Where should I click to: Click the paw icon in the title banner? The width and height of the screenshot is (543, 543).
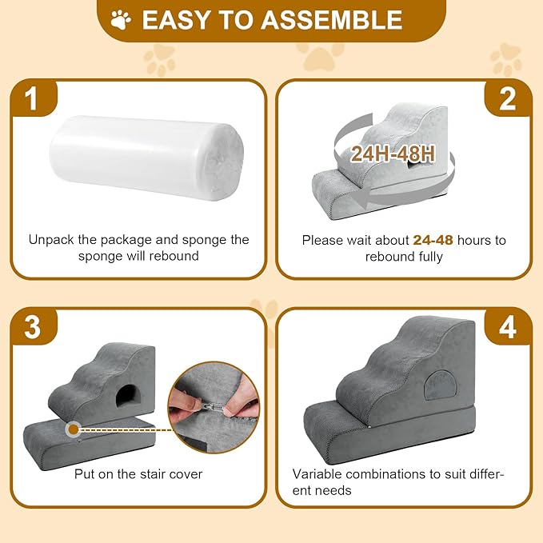click(122, 19)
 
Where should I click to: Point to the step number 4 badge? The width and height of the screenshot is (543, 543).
click(509, 328)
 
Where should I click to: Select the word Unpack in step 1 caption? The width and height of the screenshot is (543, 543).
click(51, 240)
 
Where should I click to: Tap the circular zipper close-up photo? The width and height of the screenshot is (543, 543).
click(215, 404)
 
